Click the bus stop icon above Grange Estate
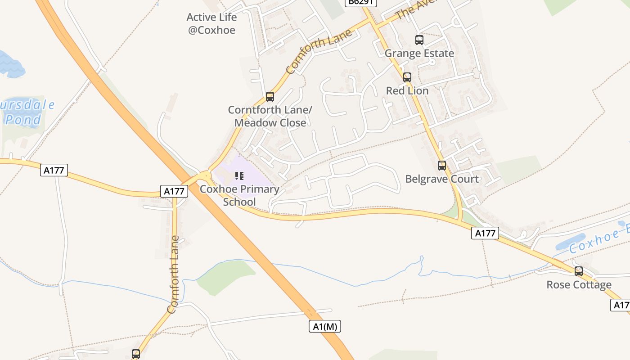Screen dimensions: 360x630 [419, 40]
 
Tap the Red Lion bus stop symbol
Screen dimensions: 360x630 [407, 77]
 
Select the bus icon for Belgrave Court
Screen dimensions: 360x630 [442, 166]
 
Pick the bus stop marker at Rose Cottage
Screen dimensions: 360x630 [579, 271]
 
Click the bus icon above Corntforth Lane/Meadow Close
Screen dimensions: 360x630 [270, 96]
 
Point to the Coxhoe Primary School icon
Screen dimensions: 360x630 [239, 176]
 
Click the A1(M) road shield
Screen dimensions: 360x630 [325, 326]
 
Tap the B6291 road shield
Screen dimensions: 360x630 [361, 3]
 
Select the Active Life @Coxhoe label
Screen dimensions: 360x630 [211, 24]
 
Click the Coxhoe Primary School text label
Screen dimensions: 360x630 [239, 195]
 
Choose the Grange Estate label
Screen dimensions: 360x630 [419, 54]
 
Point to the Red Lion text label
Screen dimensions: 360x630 [407, 90]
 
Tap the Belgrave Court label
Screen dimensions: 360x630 [442, 179]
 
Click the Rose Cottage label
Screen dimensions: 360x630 [579, 285]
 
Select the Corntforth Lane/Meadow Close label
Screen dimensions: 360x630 [270, 116]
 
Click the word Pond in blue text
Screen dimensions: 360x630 [23, 120]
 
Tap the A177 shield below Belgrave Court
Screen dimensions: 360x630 [486, 233]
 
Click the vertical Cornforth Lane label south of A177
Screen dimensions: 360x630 [174, 274]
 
